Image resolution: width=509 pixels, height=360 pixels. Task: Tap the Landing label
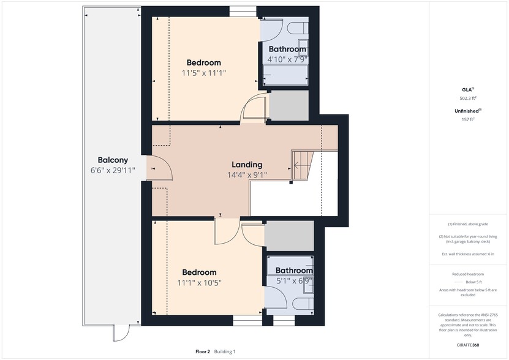click(247, 164)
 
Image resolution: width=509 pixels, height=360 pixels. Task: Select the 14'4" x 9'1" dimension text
click(247, 174)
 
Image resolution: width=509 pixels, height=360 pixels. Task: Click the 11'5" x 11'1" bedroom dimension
click(204, 73)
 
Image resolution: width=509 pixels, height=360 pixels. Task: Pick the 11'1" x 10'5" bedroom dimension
click(199, 283)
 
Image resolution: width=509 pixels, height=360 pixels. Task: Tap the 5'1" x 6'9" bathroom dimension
click(293, 281)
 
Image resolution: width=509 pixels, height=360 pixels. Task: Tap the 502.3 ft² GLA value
click(468, 98)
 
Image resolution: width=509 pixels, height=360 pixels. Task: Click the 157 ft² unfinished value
click(468, 119)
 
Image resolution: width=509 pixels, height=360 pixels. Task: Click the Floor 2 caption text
click(203, 351)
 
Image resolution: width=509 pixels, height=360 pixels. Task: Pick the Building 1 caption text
click(225, 351)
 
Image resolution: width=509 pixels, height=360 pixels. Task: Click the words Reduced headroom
click(468, 274)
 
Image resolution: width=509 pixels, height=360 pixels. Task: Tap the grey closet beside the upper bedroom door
click(288, 106)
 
